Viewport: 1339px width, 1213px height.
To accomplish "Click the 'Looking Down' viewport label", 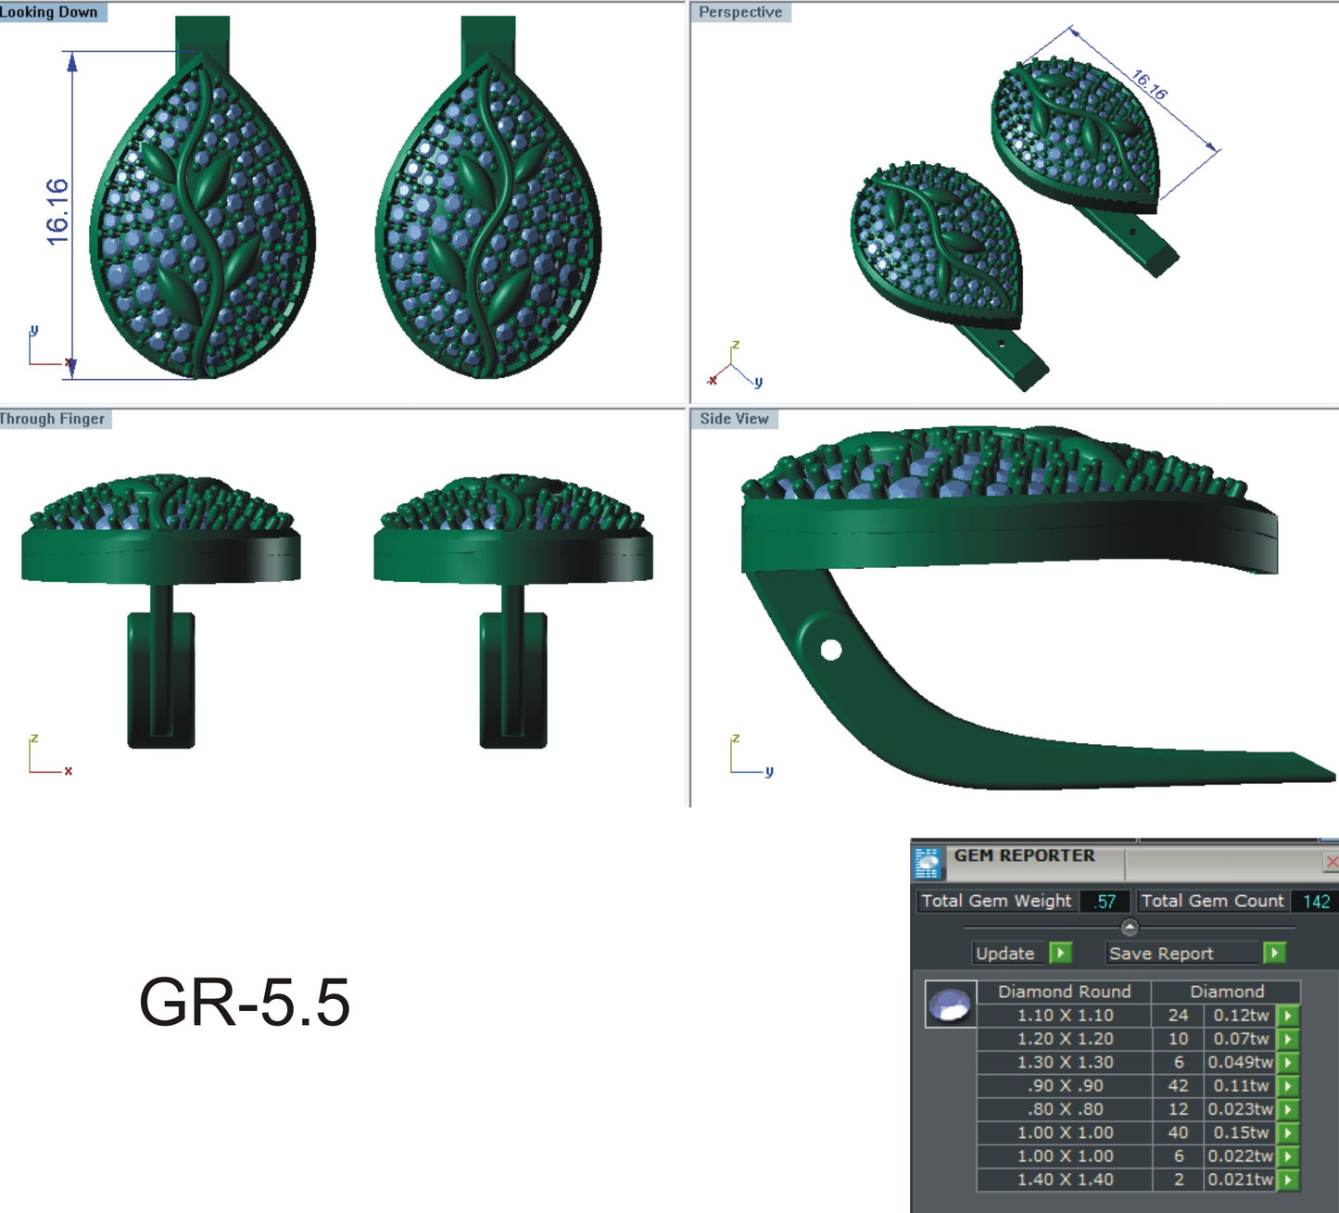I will [x=49, y=12].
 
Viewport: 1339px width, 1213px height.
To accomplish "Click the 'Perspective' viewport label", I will [x=739, y=12].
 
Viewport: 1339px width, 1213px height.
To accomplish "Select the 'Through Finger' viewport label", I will [x=53, y=419].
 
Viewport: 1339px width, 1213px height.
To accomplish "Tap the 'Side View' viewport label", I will [x=734, y=419].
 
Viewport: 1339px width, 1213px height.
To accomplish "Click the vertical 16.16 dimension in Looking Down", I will [x=57, y=212].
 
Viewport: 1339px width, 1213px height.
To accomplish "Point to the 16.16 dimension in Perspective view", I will [x=1149, y=85].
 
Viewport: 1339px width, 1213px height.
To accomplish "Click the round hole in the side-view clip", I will [x=830, y=650].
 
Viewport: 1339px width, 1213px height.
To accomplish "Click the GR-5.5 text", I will [x=244, y=1003].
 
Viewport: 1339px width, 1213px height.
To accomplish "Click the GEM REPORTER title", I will [x=1024, y=855].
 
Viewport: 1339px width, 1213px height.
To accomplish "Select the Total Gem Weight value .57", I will [x=1105, y=901].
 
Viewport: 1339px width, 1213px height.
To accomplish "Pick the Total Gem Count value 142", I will [x=1315, y=901].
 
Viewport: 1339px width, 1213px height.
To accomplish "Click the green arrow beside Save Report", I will [x=1275, y=953].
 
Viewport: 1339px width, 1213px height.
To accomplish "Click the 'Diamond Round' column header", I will [x=1064, y=992].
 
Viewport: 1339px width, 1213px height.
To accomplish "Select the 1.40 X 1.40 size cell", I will [x=1065, y=1180].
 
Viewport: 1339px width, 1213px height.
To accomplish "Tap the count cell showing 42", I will [x=1178, y=1085].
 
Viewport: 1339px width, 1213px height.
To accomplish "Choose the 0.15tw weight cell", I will [x=1240, y=1132].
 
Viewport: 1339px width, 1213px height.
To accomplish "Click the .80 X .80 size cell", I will [x=1065, y=1109].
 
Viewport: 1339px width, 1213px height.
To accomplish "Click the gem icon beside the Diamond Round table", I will [x=951, y=1005].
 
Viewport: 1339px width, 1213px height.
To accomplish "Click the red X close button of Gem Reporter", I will [x=1331, y=862].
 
